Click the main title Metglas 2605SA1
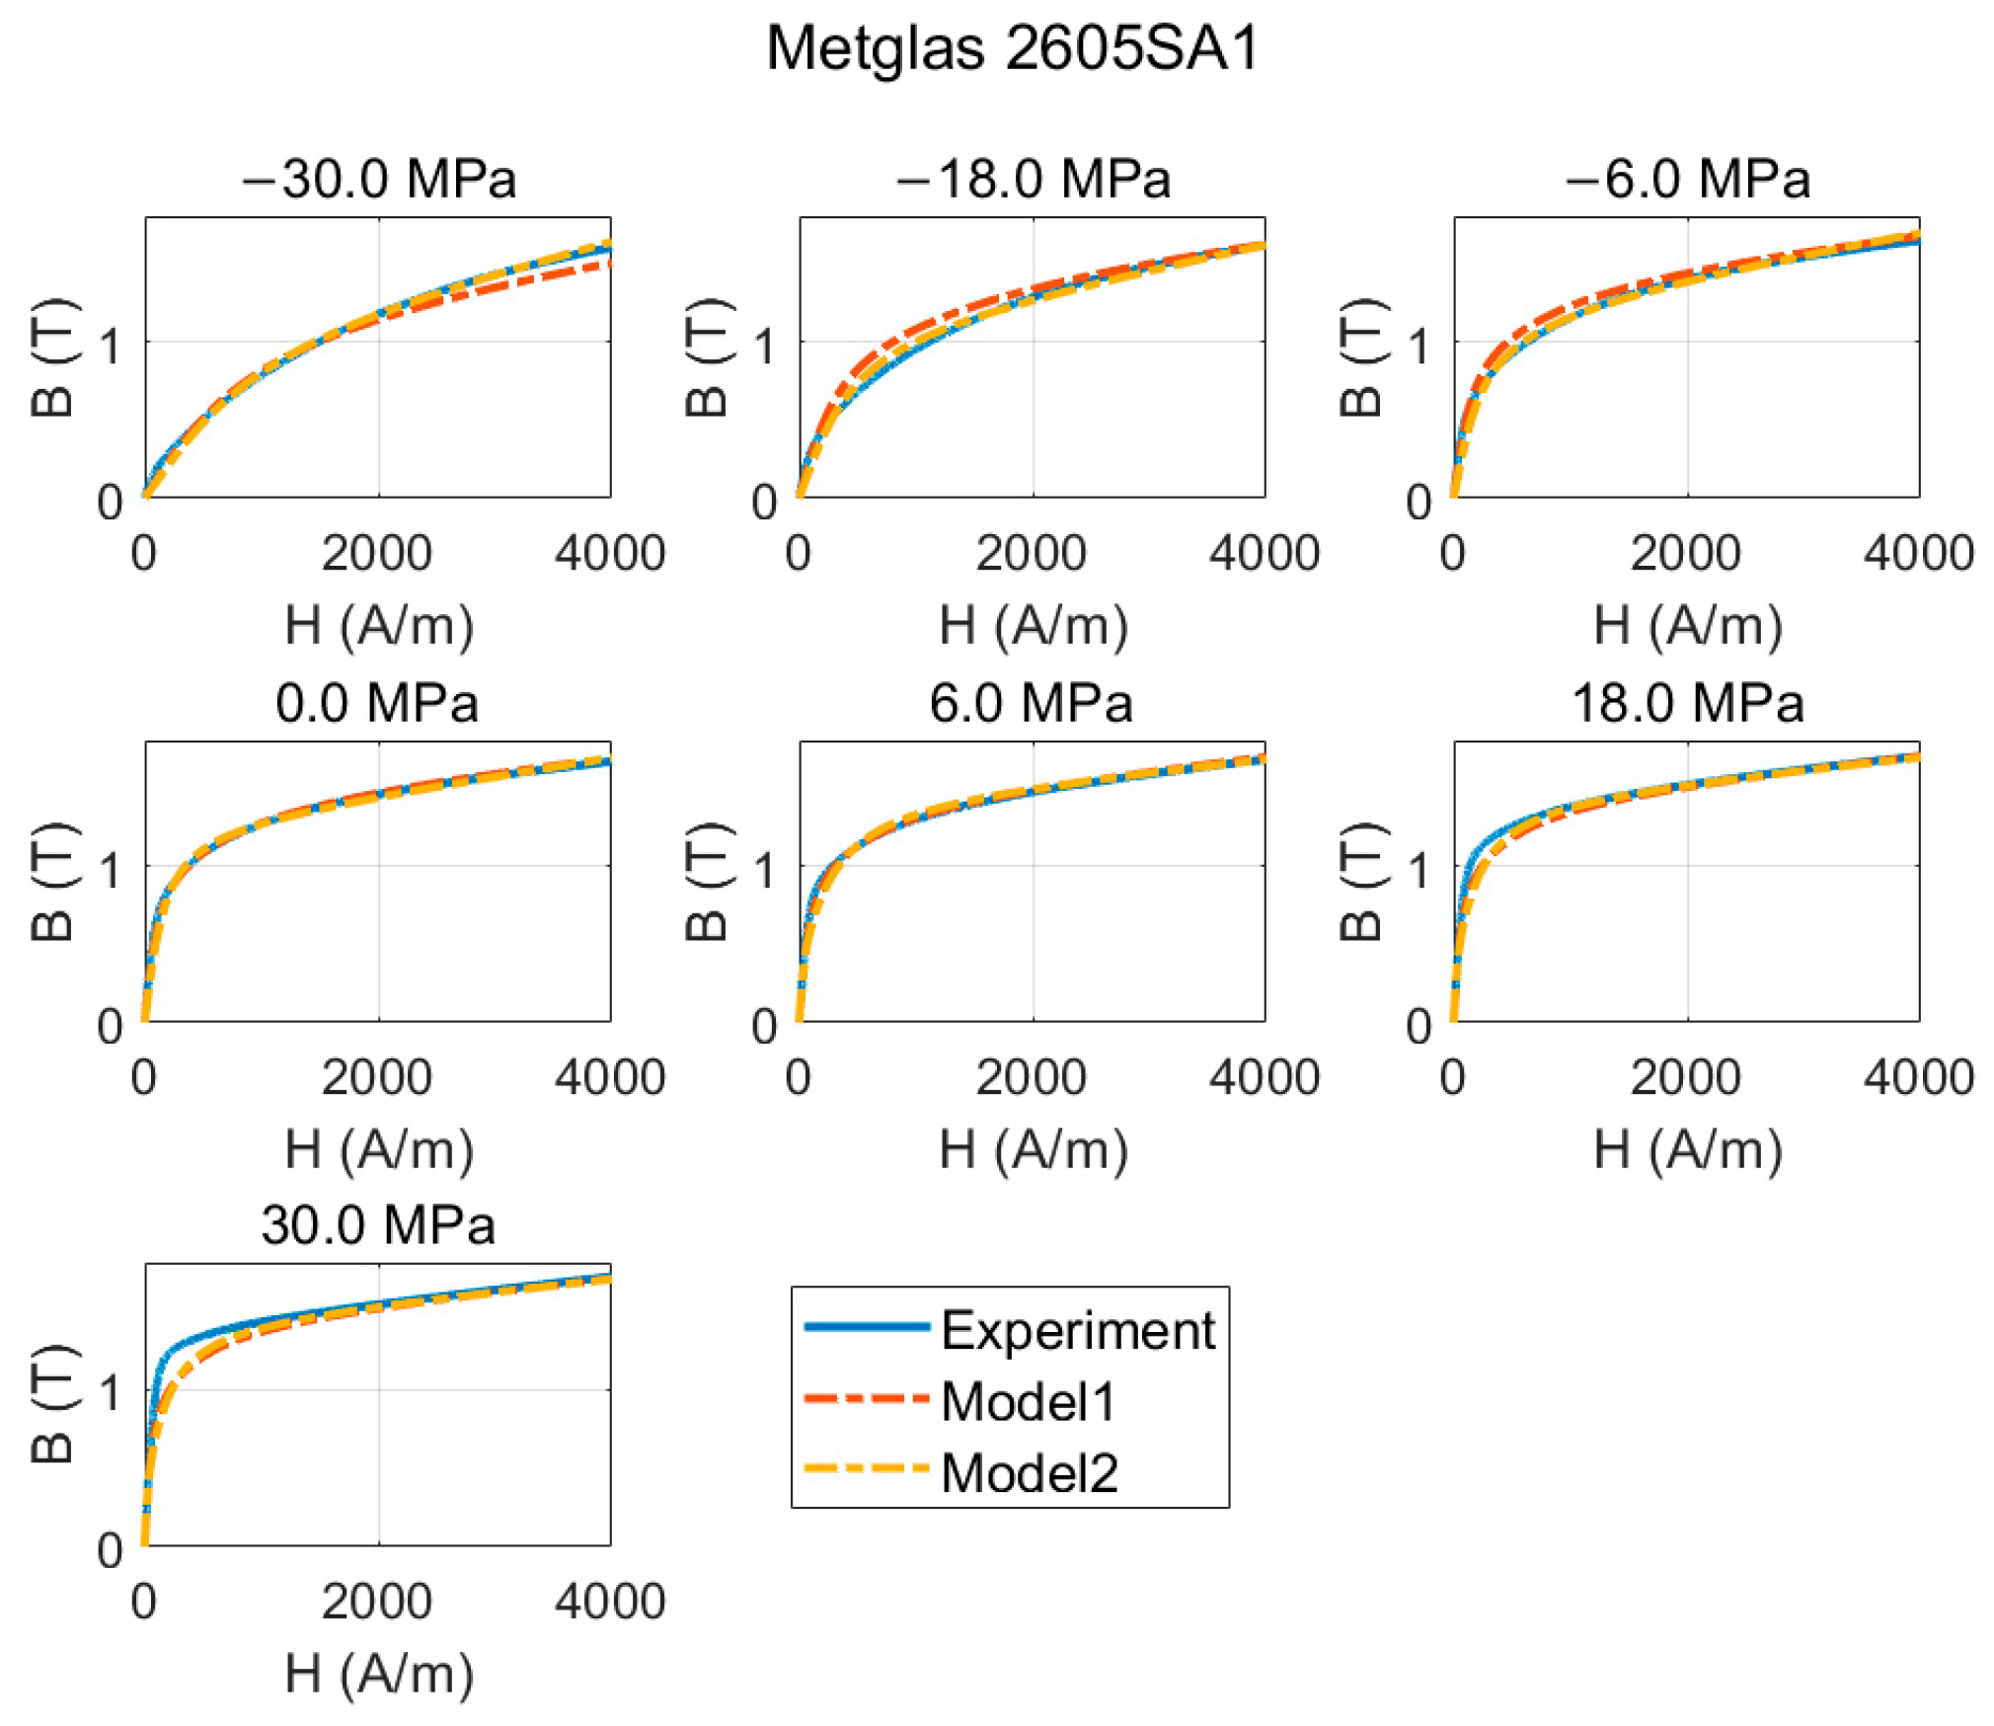1012,47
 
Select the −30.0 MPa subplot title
378,179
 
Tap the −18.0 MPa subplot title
1033,179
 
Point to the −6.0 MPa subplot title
1687,179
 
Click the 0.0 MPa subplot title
377,703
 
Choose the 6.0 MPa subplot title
1031,703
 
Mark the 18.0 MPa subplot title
1687,703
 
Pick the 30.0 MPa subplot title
377,1224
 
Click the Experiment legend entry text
1077,1330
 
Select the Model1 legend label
1028,1401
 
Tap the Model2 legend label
1030,1473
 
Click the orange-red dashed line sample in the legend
866,1399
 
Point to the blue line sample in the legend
866,1327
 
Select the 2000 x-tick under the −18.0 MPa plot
1031,553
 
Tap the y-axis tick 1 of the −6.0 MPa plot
1419,346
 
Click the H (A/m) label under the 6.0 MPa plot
1033,1150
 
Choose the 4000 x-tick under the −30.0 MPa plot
609,553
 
